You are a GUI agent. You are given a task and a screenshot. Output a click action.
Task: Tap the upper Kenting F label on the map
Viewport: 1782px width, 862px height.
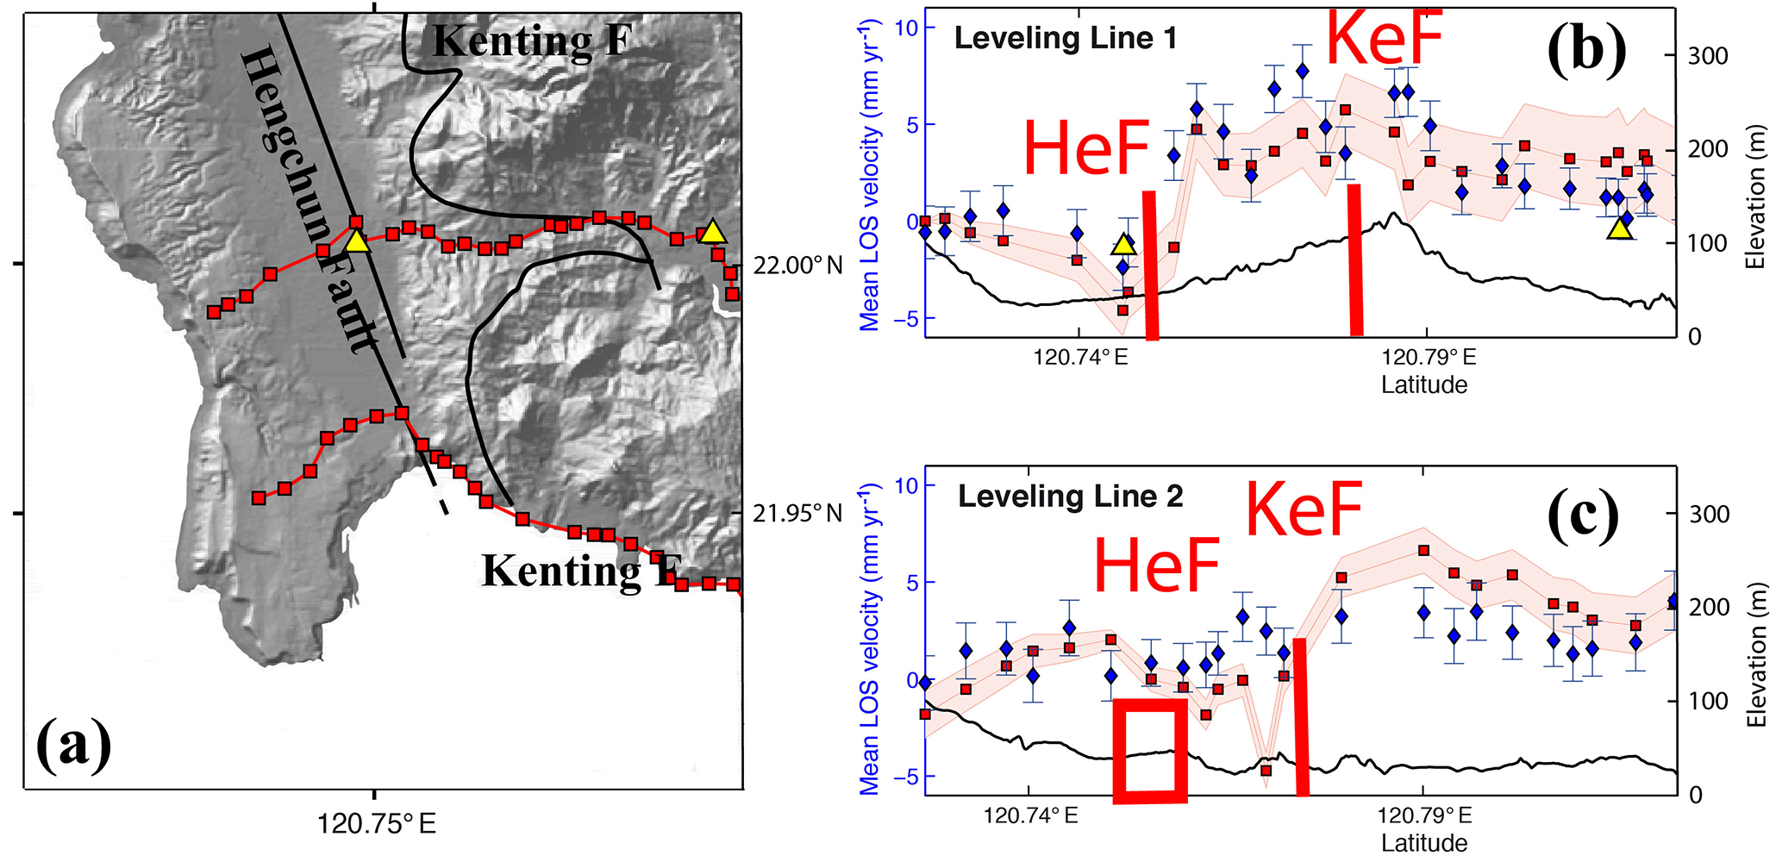pyautogui.click(x=532, y=41)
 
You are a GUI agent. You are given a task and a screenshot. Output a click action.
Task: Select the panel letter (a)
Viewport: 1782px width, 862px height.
pyautogui.click(x=74, y=743)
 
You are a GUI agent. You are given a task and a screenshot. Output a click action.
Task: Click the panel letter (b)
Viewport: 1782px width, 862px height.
pyautogui.click(x=1586, y=50)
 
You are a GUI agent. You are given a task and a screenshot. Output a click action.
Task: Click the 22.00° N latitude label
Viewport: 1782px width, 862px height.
pyautogui.click(x=797, y=265)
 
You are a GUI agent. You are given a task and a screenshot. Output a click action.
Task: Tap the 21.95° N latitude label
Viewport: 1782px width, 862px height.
pyautogui.click(x=797, y=514)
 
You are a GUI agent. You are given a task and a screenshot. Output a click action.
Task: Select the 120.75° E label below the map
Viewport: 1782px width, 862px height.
pyautogui.click(x=376, y=825)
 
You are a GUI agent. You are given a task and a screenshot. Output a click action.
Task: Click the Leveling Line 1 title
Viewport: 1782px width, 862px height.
pyautogui.click(x=1065, y=38)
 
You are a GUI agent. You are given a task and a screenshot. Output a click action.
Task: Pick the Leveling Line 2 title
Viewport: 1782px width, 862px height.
pyautogui.click(x=1071, y=497)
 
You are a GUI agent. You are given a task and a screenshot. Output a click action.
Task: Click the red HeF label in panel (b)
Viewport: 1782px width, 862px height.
pyautogui.click(x=1086, y=148)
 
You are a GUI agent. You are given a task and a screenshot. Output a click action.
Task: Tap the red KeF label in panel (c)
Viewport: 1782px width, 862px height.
pyautogui.click(x=1304, y=510)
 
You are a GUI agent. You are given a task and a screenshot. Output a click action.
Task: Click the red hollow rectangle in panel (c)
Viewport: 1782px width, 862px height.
pyautogui.click(x=1150, y=751)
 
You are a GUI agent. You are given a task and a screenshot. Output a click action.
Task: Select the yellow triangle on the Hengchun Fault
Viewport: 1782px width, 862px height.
pyautogui.click(x=357, y=241)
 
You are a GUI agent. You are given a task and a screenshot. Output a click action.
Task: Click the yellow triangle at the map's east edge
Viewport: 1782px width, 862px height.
pyautogui.click(x=711, y=232)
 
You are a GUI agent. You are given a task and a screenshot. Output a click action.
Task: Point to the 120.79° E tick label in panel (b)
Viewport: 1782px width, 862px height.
pyautogui.click(x=1429, y=357)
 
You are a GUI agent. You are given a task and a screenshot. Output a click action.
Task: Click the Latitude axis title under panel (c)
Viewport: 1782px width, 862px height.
pyautogui.click(x=1424, y=842)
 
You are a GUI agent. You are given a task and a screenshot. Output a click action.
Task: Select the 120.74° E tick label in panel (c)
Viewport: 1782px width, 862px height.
pyautogui.click(x=1030, y=815)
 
